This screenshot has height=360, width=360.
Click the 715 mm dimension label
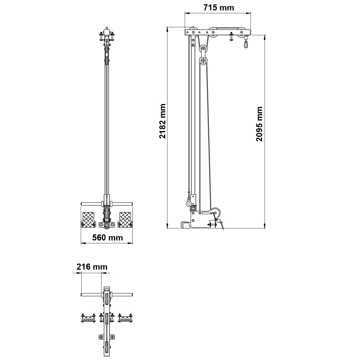pos(219,8)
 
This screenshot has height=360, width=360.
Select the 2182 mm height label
pos(162,121)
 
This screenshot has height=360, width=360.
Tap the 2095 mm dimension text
pos(259,124)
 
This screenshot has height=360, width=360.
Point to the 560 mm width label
pos(107,237)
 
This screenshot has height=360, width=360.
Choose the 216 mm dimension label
pos(92,267)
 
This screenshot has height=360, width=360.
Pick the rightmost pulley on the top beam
pos(242,32)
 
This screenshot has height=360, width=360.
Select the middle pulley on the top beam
pos(213,32)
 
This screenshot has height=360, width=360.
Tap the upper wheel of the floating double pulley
pos(203,49)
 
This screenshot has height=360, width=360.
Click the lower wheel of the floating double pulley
pos(203,60)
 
